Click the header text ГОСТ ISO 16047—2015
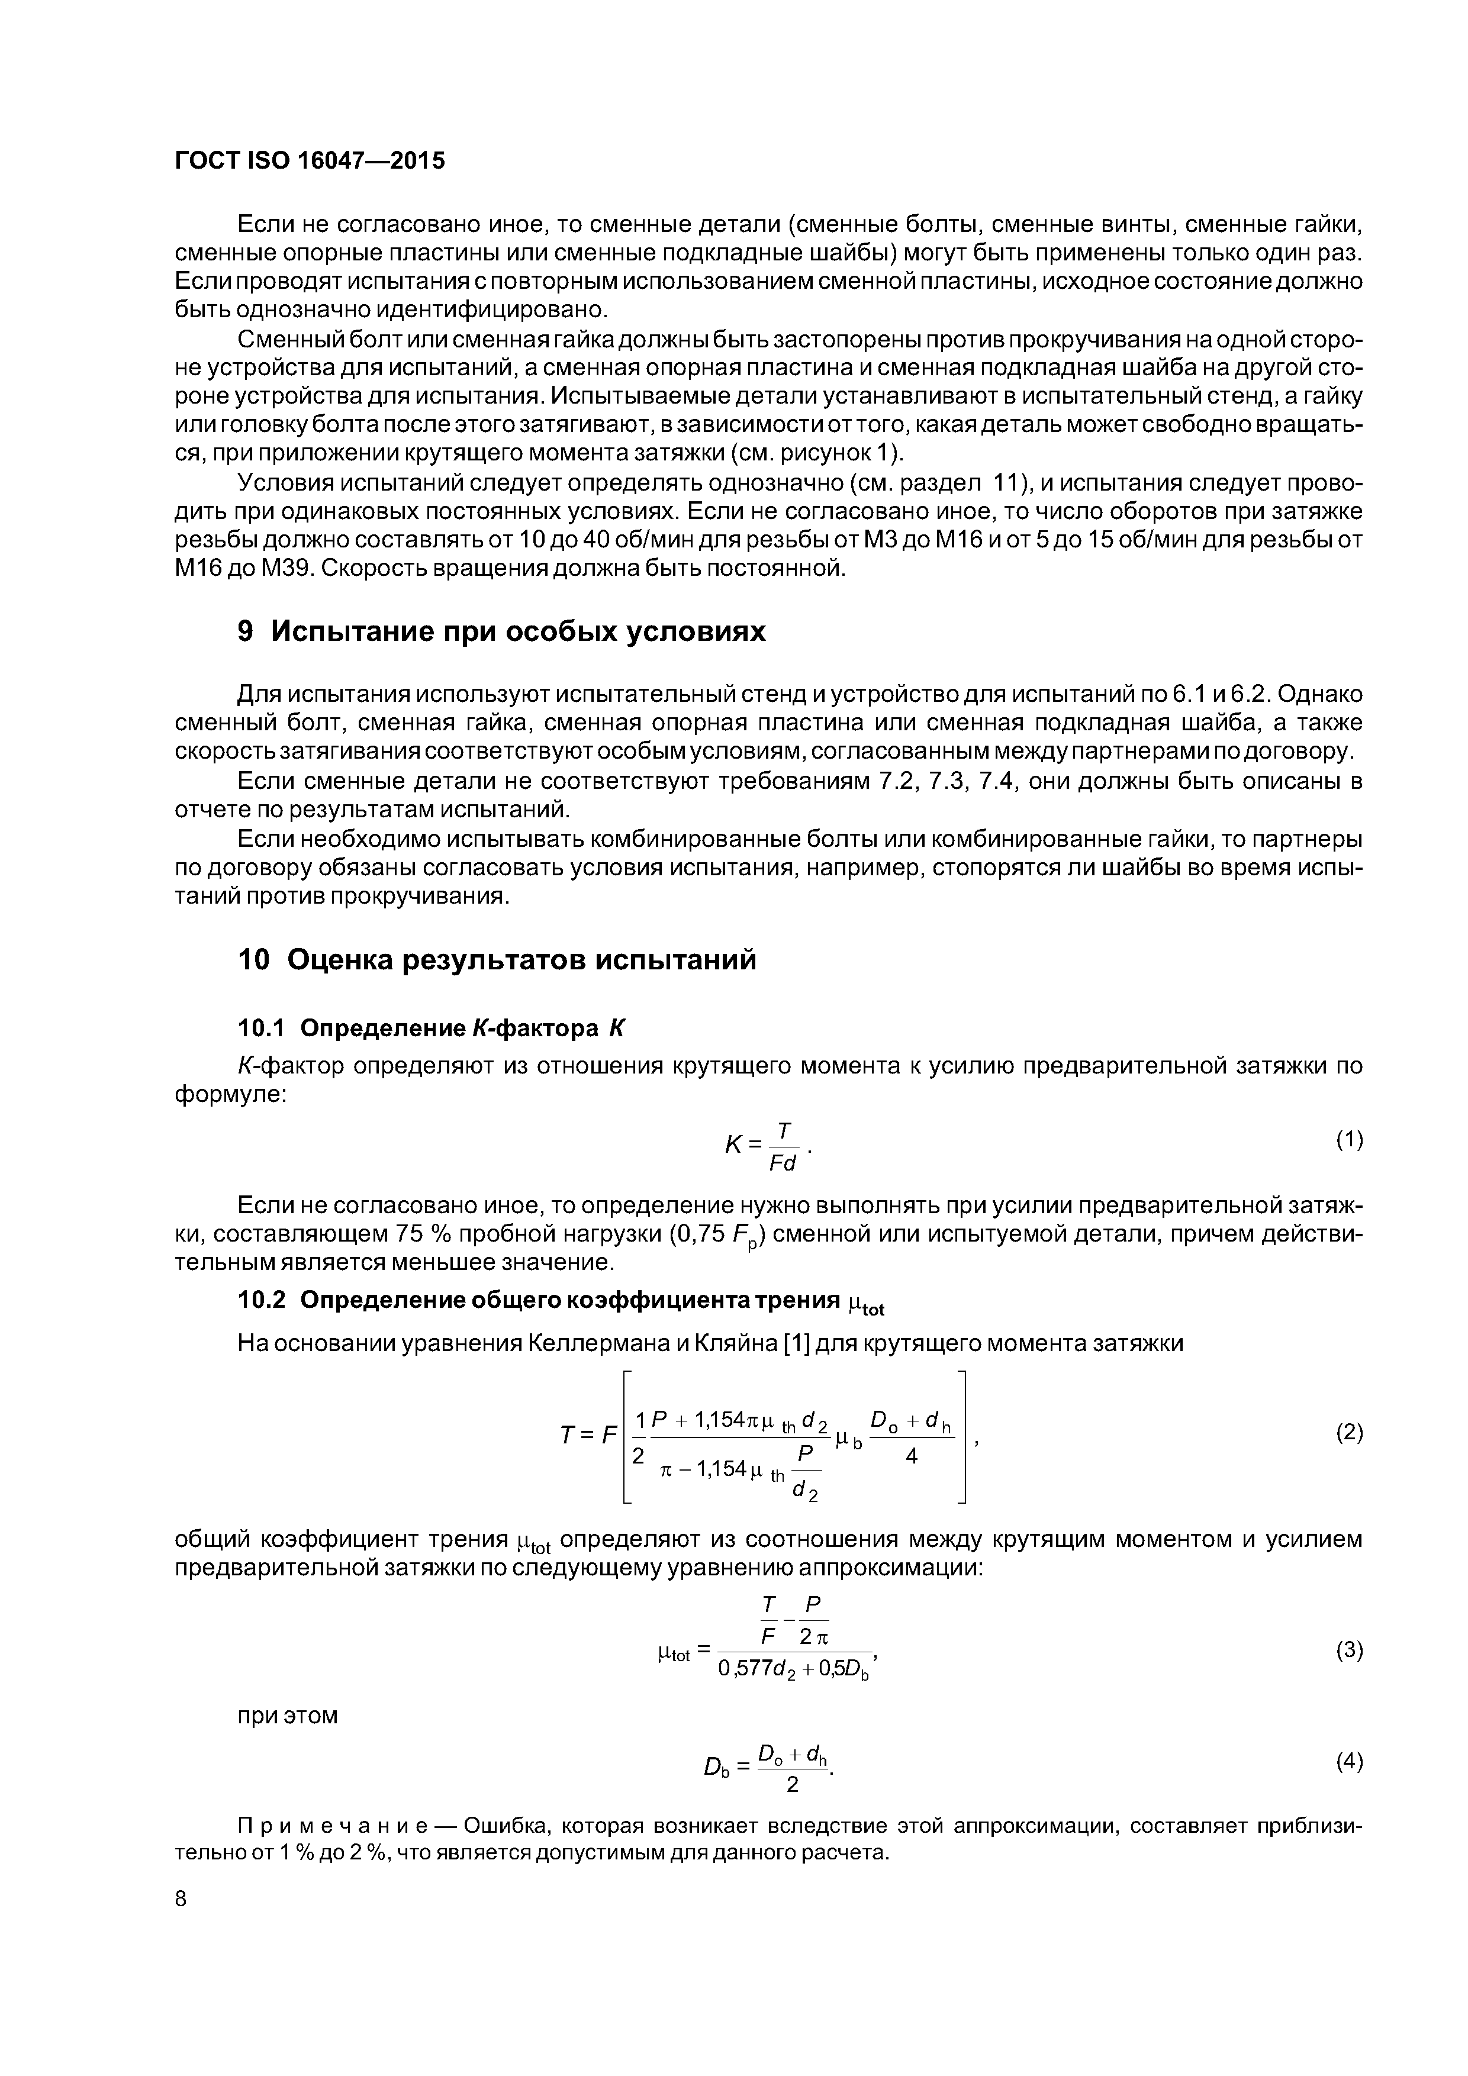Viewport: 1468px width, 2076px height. (x=310, y=161)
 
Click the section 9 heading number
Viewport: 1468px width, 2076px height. (x=245, y=631)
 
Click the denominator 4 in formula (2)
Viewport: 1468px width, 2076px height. (x=912, y=1456)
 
